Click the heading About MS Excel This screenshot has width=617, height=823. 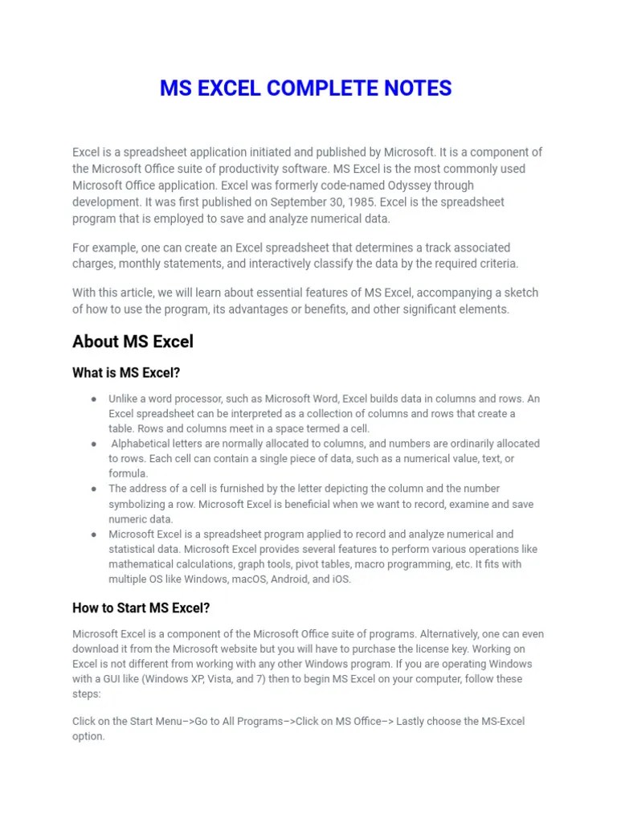133,342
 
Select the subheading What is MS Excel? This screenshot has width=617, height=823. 126,374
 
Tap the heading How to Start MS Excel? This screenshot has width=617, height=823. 141,608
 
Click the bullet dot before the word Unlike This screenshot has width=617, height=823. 94,399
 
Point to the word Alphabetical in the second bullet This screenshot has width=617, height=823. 141,444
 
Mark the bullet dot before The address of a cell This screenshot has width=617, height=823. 94,489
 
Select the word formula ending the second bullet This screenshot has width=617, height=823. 129,473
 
